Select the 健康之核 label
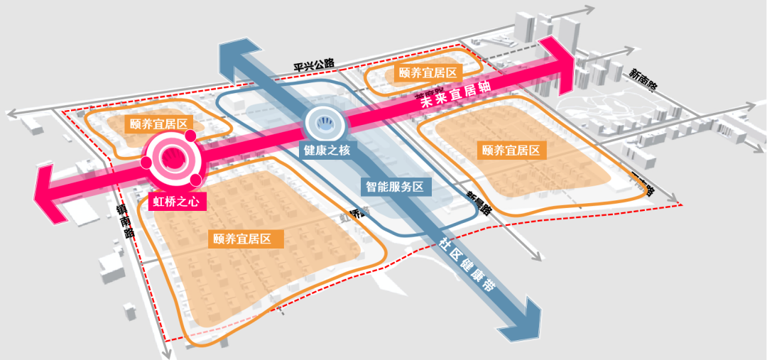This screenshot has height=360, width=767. tap(326, 151)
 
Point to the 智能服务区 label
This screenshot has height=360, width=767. tap(394, 187)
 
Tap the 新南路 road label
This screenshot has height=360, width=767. tap(643, 79)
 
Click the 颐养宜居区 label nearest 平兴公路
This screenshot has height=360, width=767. tap(427, 72)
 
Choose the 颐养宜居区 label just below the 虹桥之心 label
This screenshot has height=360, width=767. tap(248, 239)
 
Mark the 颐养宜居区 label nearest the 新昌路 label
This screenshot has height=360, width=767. tap(511, 151)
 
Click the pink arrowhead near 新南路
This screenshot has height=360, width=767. tap(561, 65)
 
